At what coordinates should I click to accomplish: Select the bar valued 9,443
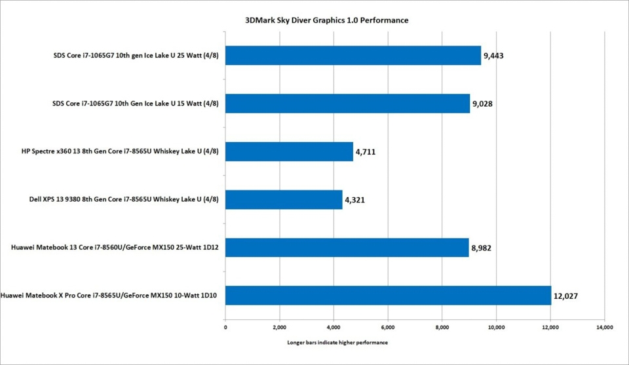tap(353, 56)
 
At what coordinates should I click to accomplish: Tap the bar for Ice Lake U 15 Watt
tap(347, 104)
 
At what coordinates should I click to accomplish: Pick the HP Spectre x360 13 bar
tap(289, 151)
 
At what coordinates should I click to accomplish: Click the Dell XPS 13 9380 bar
tap(284, 199)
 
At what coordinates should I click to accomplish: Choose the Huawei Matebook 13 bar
tap(347, 247)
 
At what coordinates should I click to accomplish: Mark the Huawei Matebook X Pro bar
tap(388, 295)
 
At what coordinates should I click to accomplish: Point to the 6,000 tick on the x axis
tap(387, 326)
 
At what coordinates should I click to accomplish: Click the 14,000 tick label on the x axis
tap(603, 326)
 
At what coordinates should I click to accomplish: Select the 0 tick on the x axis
tap(225, 326)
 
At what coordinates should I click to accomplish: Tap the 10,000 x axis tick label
tap(495, 326)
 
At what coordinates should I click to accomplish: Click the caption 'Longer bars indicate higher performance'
tap(337, 343)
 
